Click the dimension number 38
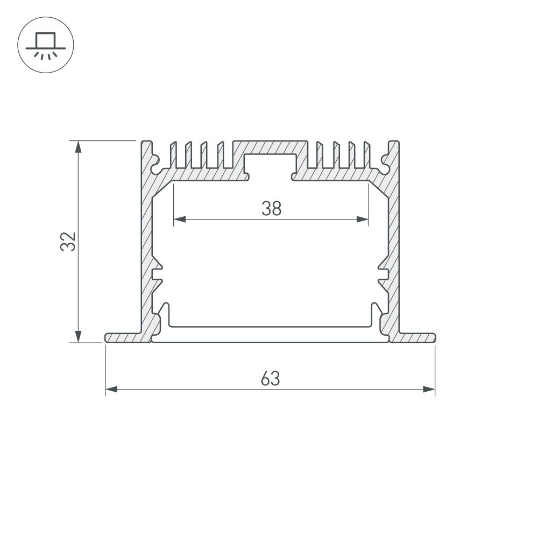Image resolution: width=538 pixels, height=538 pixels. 271,208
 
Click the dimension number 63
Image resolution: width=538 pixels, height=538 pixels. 271,378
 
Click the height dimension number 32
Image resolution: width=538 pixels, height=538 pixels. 68,242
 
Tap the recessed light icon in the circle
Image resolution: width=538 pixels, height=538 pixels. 46,45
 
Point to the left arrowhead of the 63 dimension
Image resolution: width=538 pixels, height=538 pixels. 111,389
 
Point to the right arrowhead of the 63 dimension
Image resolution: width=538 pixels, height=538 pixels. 429,389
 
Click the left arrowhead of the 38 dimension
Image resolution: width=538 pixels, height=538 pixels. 180,220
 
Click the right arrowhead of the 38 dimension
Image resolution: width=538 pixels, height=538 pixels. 363,220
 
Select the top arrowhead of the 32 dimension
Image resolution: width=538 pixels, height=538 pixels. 79,146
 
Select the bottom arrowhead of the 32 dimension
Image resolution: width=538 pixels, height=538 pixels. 79,337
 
